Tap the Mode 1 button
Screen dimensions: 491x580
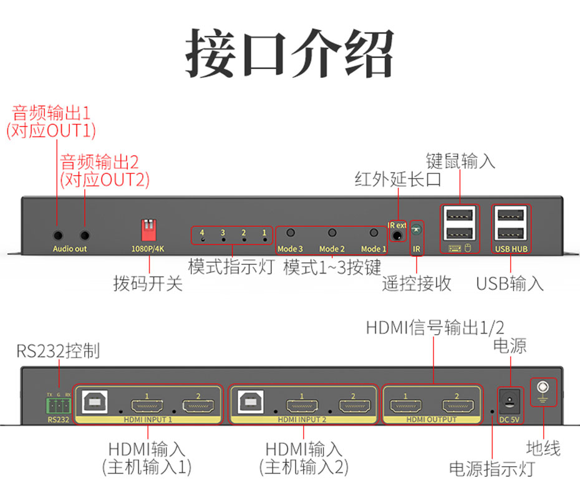click(x=374, y=233)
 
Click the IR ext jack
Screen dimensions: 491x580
click(x=397, y=236)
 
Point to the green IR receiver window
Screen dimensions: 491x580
click(x=417, y=231)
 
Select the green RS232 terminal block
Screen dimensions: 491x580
click(x=59, y=406)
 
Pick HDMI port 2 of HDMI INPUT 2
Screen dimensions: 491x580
click(x=353, y=406)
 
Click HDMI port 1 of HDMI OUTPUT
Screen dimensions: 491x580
click(x=405, y=406)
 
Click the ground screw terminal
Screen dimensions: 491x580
click(x=542, y=390)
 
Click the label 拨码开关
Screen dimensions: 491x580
click(x=148, y=284)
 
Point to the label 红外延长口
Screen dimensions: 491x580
click(x=398, y=180)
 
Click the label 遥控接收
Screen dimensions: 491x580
click(x=417, y=284)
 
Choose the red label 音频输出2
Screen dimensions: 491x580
click(x=99, y=163)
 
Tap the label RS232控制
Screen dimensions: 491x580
click(x=58, y=351)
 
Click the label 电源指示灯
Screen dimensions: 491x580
click(x=492, y=469)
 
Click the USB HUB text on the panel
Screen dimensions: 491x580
click(x=511, y=249)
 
